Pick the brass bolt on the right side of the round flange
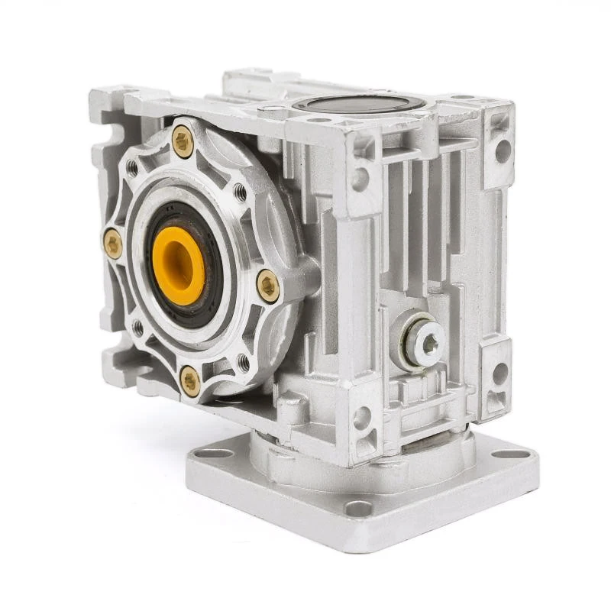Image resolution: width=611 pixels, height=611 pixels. pos(267,285)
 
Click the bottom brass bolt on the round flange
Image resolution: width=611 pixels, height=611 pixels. pos(190,380)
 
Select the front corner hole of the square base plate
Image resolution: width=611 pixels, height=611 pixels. pos(358,507)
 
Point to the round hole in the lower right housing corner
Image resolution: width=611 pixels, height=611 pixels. pos(500,373)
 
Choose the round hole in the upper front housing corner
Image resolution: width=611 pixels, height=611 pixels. pos(360,178)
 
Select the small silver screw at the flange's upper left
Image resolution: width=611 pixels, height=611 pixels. pos(131,166)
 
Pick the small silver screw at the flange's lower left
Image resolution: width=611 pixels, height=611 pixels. pos(138,327)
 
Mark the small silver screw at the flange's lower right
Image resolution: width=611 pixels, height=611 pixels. pos(244,359)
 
